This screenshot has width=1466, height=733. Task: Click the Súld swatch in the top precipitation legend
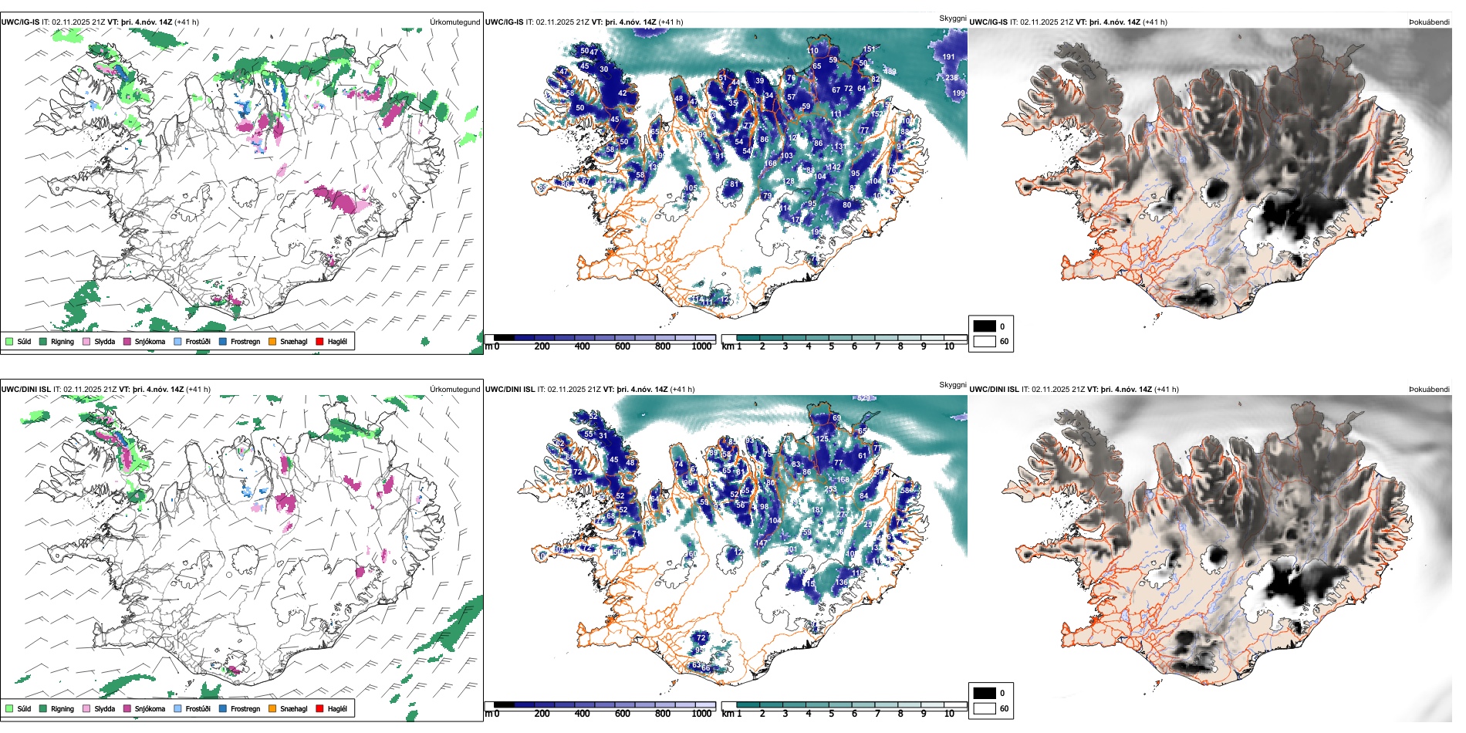(9, 341)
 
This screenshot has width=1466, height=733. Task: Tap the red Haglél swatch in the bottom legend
(319, 708)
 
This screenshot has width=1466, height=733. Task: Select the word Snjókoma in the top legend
(150, 341)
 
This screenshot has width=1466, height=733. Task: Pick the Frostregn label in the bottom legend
(245, 708)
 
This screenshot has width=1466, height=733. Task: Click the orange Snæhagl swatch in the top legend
(272, 341)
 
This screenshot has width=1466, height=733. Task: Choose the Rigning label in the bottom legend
(62, 708)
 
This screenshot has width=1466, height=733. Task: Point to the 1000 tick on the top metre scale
(701, 346)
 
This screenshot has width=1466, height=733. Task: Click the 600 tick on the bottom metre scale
(623, 714)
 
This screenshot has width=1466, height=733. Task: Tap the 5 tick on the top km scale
(832, 346)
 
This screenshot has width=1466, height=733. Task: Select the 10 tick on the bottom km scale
(949, 714)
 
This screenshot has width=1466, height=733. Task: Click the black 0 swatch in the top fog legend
(985, 326)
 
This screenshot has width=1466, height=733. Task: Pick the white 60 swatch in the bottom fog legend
(985, 708)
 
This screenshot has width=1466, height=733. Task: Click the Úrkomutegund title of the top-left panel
(455, 22)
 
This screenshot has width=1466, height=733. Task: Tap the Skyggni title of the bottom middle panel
(953, 384)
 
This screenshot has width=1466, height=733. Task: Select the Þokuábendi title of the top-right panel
(1429, 22)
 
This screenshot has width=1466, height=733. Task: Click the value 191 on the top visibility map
(948, 56)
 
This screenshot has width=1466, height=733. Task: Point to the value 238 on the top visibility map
(952, 78)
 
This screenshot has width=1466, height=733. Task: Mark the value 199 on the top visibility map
(958, 93)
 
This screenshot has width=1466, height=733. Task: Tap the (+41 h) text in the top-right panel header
(1154, 22)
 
